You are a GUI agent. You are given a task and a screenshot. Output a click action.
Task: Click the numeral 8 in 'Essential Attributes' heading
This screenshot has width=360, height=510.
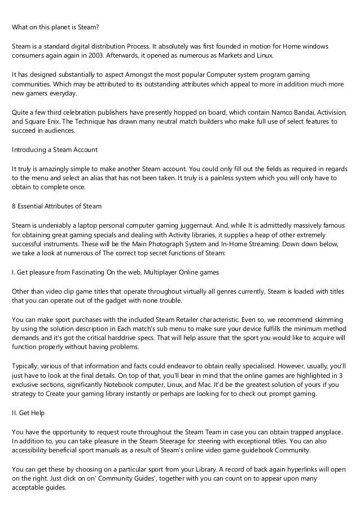[x=14, y=206]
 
